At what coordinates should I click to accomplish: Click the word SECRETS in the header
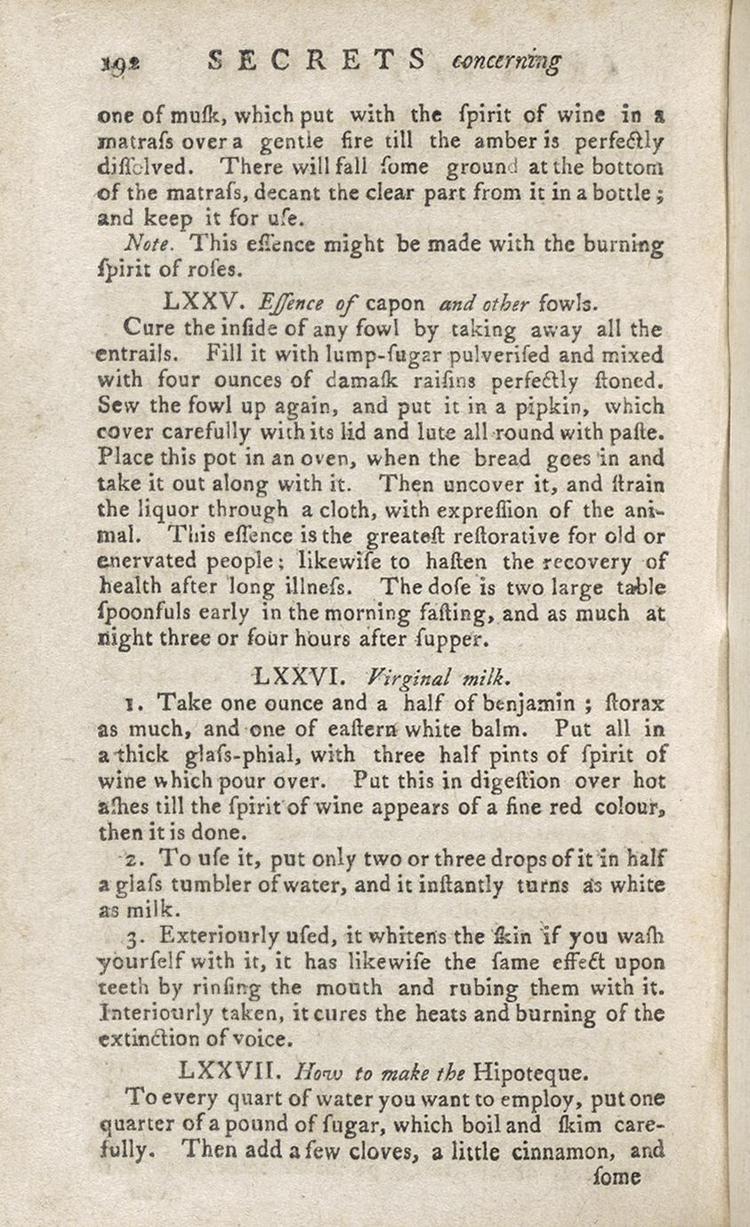click(317, 61)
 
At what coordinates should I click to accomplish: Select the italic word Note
click(145, 242)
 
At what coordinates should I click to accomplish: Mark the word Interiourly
click(152, 1013)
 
